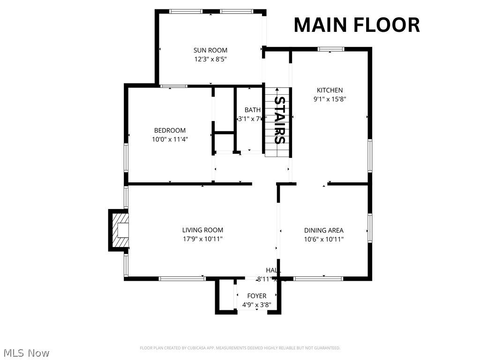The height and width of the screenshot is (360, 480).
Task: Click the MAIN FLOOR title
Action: (x=356, y=25)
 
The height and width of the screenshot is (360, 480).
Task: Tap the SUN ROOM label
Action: (x=210, y=50)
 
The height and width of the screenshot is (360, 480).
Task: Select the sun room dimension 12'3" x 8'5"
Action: (x=210, y=59)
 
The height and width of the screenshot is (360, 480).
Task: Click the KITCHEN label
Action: (x=330, y=90)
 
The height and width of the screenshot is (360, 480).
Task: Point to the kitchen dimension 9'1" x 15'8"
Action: (x=330, y=99)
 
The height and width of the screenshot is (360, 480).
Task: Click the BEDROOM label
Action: (x=170, y=130)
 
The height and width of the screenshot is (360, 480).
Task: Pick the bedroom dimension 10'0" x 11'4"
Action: (x=170, y=139)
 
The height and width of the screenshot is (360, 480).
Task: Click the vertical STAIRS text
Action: (x=279, y=120)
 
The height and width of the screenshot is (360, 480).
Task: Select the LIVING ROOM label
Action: (x=202, y=230)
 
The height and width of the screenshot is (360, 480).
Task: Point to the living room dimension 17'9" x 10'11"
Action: (x=202, y=239)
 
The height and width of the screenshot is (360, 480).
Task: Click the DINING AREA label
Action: (x=323, y=230)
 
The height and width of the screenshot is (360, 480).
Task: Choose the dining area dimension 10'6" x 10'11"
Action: (x=323, y=239)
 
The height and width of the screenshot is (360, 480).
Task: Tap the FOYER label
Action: (x=256, y=296)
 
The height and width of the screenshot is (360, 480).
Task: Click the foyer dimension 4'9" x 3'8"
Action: (x=256, y=305)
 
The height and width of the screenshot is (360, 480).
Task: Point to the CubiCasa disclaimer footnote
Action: (x=240, y=348)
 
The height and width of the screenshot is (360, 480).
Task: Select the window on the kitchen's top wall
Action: (x=330, y=49)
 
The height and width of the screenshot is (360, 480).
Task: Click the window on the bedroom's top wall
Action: (x=174, y=86)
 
